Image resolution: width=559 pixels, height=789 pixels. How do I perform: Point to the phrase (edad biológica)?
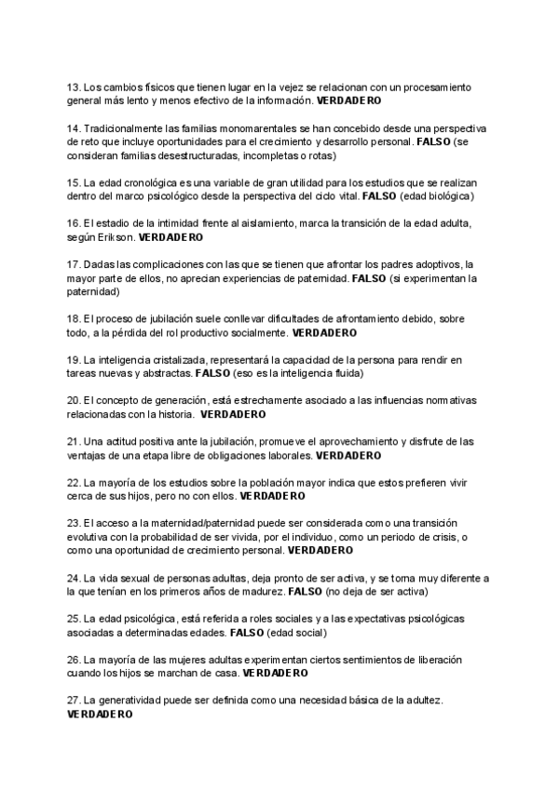[438, 196]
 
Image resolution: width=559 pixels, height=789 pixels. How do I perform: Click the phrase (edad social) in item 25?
[296, 633]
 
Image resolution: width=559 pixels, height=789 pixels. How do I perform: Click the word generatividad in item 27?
[132, 701]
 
